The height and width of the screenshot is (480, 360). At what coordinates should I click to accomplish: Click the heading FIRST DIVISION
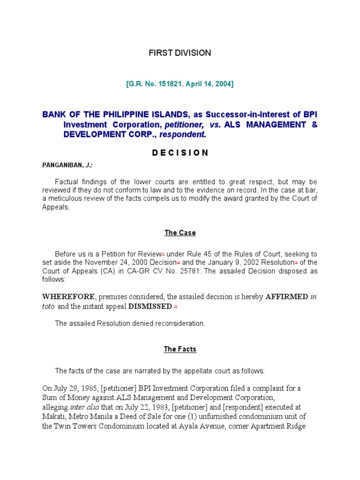180,53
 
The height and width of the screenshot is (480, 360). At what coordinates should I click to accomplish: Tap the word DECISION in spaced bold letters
180,153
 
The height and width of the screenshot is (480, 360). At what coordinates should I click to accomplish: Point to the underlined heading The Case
180,233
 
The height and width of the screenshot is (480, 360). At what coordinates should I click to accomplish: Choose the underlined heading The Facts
180,349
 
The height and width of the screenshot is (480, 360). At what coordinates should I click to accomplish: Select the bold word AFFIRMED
286,297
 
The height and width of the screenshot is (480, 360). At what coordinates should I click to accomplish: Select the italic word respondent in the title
182,135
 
